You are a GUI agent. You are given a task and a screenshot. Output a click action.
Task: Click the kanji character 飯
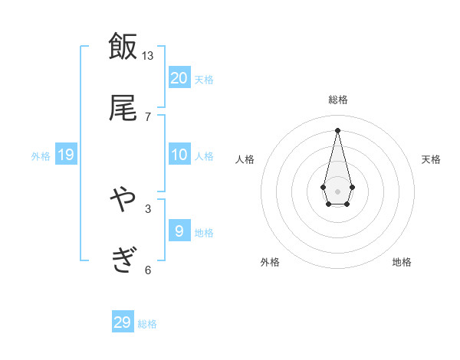123,47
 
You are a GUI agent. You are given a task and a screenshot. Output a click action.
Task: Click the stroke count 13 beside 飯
147,56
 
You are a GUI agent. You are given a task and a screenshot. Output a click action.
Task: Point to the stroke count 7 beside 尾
148,117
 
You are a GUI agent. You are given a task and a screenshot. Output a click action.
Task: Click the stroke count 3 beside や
148,208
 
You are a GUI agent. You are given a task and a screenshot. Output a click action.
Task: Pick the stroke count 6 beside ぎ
148,270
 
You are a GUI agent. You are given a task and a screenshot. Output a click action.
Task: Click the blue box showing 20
179,78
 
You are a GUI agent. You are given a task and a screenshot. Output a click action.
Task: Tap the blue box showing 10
179,155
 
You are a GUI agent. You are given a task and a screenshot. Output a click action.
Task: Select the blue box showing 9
179,231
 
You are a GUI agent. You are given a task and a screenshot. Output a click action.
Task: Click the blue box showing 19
66,155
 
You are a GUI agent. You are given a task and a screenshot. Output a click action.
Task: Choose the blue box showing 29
123,322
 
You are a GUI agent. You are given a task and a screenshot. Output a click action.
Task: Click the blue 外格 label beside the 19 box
41,156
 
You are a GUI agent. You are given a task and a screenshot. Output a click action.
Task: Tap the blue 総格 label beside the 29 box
147,324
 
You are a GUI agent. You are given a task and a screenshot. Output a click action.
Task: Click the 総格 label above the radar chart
338,100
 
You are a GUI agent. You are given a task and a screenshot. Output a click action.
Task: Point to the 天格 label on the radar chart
432,159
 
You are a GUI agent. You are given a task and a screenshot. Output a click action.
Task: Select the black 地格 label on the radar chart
402,262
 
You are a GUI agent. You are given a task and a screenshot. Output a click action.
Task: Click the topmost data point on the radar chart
338,130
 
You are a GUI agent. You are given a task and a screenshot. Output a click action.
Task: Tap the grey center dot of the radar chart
338,190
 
